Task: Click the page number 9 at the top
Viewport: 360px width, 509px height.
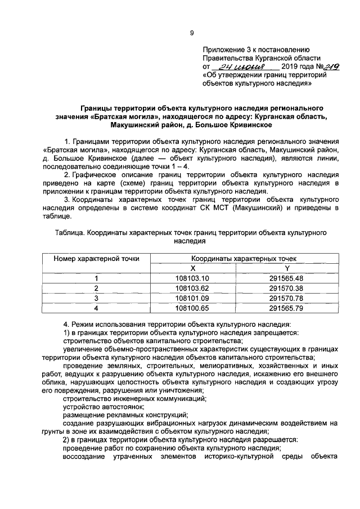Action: pyautogui.click(x=192, y=33)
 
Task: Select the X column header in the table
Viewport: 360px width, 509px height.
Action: pyautogui.click(x=192, y=268)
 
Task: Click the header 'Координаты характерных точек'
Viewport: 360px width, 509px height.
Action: pyautogui.click(x=240, y=258)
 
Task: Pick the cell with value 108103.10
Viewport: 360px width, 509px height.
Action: pyautogui.click(x=192, y=278)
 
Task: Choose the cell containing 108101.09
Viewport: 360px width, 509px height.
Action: pyautogui.click(x=192, y=298)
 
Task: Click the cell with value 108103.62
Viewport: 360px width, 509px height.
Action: pyautogui.click(x=192, y=288)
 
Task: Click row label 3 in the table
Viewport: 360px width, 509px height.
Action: pyautogui.click(x=96, y=298)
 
